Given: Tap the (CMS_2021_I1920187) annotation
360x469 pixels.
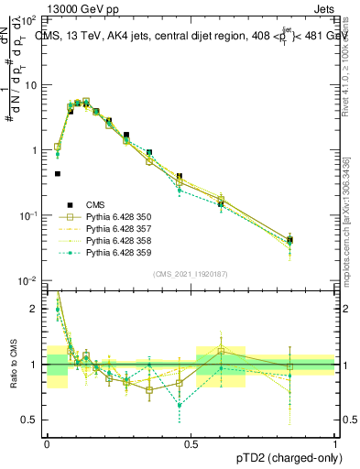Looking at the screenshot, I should [x=191, y=274].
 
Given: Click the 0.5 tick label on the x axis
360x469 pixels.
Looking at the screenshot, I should [x=191, y=442].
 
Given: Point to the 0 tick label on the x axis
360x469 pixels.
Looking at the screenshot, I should [x=47, y=442].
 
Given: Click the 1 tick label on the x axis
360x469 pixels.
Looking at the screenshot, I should [x=335, y=442].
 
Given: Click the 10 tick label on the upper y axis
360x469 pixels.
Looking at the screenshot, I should [x=32, y=85].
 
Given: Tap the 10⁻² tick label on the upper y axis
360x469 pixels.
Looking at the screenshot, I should [x=30, y=281].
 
